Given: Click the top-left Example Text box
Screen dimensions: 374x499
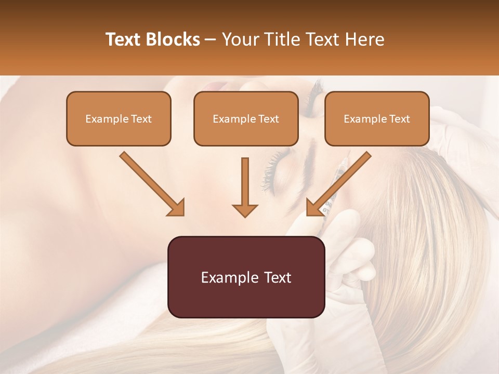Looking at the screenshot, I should coord(119,118).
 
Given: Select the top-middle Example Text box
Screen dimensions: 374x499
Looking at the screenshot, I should coord(246,118).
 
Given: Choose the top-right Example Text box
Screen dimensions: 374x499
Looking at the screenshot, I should coord(377,118).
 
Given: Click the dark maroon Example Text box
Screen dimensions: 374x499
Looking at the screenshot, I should coord(246,277).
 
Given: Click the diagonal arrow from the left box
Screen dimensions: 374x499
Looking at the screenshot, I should coord(151,183).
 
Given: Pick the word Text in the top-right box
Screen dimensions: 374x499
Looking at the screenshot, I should coord(400,119).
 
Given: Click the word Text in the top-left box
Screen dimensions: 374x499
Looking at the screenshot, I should coord(141,119).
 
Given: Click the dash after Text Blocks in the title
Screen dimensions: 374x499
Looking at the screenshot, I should coord(211,40).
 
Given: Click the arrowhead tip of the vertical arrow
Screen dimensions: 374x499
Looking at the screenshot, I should coord(245,216).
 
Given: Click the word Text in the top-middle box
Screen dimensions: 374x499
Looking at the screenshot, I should coord(269,119).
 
